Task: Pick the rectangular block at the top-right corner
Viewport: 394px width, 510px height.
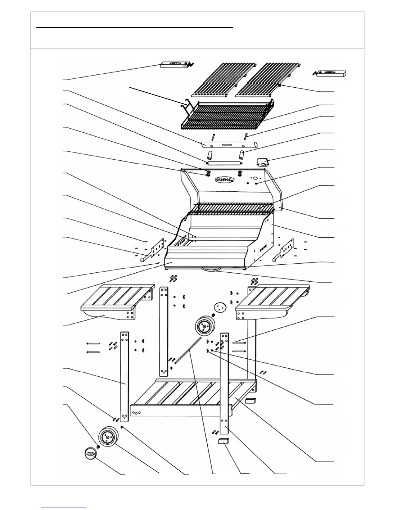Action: (332, 74)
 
